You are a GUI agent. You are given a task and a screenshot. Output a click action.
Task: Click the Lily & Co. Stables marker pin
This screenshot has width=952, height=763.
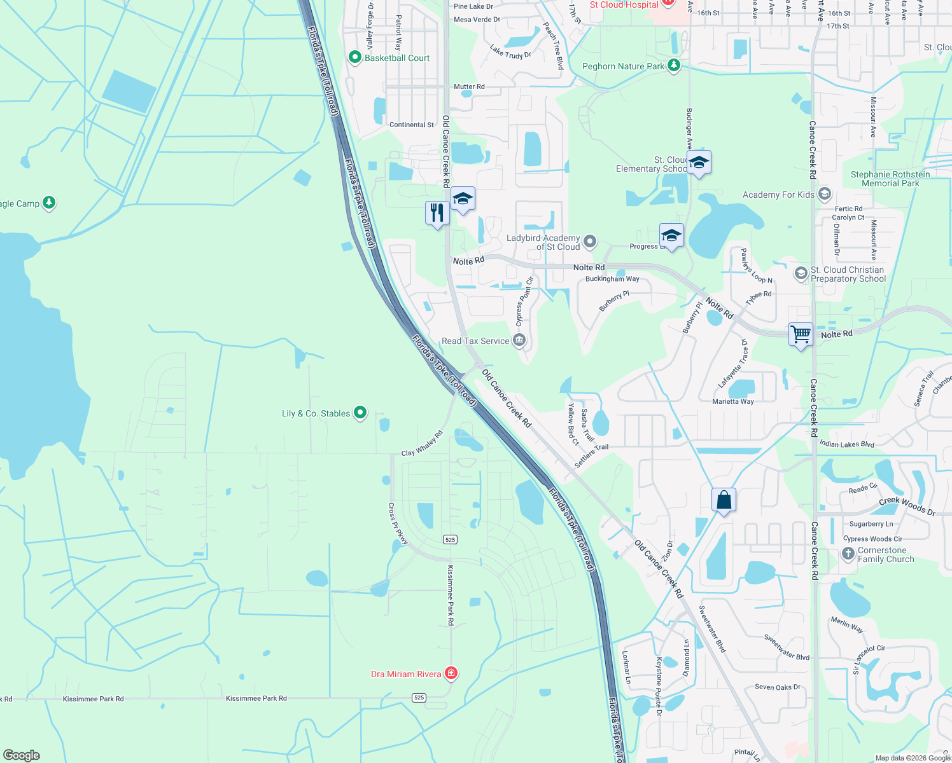tap(360, 413)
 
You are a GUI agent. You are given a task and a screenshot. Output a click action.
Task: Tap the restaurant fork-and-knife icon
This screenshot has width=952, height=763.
tap(437, 212)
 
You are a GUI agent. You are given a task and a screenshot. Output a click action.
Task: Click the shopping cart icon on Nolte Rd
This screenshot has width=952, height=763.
tap(801, 334)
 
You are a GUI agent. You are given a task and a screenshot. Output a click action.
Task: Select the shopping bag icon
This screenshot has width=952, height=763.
tap(724, 500)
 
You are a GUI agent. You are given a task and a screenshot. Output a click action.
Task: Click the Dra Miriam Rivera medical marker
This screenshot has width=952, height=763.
tap(451, 673)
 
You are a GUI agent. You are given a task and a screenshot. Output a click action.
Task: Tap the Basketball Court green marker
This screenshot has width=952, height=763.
tap(355, 57)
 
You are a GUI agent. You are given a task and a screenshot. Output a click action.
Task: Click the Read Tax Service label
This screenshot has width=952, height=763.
tap(475, 341)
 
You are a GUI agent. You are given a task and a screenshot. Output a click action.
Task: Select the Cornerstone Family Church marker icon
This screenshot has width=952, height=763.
tap(848, 554)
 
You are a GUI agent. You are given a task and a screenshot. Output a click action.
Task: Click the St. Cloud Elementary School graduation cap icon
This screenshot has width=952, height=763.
tap(699, 163)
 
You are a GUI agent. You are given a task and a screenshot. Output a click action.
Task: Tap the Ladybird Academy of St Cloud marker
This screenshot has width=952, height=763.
tap(590, 241)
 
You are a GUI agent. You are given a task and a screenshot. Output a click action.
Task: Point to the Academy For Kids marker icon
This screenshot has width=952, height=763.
tap(825, 193)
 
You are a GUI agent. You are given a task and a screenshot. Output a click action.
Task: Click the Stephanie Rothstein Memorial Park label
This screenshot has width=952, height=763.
tap(890, 179)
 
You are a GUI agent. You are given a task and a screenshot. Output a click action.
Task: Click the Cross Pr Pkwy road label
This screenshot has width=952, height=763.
tap(398, 524)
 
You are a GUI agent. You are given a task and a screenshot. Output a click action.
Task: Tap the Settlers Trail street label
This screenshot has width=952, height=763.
tap(591, 455)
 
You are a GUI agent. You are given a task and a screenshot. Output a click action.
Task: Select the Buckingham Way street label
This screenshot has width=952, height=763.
tap(612, 278)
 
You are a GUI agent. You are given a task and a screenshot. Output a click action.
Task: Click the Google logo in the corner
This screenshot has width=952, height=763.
tap(21, 755)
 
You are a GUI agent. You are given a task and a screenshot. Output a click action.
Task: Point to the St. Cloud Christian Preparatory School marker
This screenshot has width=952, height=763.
tap(801, 273)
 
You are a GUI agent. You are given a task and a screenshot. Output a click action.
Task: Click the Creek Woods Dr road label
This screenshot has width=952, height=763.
tap(907, 505)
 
